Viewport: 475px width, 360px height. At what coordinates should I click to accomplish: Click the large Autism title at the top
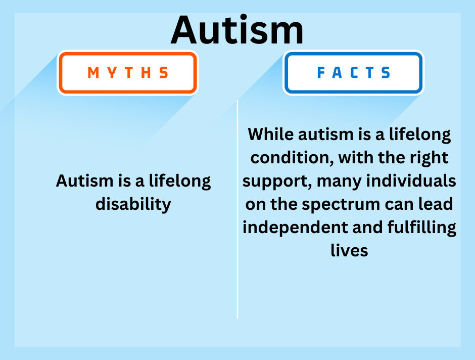[238, 30]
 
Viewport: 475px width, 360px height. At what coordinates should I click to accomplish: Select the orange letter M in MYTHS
[93, 73]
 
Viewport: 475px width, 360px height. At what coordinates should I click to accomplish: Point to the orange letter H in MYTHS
[147, 73]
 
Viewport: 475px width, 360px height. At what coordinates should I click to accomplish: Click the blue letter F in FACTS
[321, 73]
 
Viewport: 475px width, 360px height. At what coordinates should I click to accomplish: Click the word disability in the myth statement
[133, 204]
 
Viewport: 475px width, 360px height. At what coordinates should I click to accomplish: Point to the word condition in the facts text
[292, 158]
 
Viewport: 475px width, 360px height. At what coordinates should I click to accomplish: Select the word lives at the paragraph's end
[349, 250]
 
